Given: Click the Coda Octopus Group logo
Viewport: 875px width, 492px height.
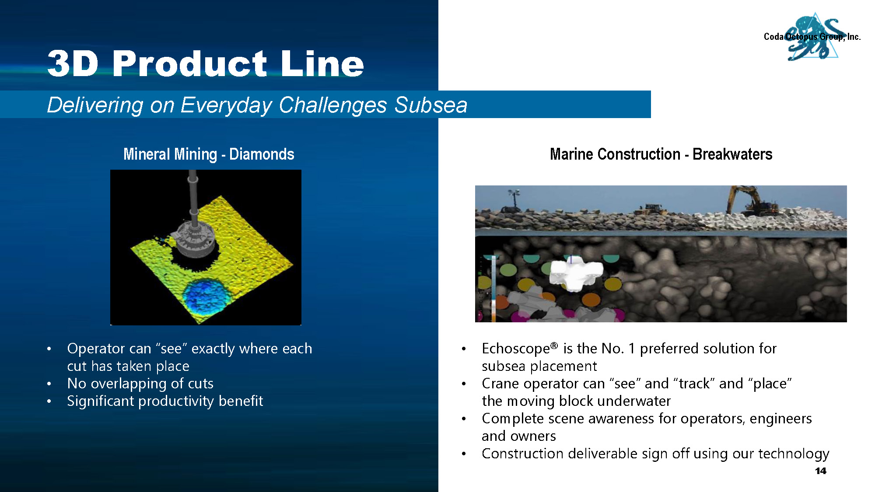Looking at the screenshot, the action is pos(812,37).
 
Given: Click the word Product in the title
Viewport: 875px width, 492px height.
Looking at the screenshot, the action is pos(189,64).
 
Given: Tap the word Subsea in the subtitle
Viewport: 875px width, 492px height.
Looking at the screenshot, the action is pos(431,105).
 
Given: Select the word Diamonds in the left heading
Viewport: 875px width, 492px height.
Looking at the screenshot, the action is pos(262,154).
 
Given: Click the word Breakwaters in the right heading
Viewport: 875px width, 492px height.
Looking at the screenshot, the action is pos(732,154).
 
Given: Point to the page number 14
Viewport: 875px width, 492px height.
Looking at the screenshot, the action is pos(821,471).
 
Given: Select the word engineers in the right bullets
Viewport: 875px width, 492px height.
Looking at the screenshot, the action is pos(780,419).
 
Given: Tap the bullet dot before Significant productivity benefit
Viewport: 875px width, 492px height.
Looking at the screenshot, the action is pos(49,401).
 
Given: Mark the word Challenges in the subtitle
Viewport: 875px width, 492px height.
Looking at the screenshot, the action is pos(332,105).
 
